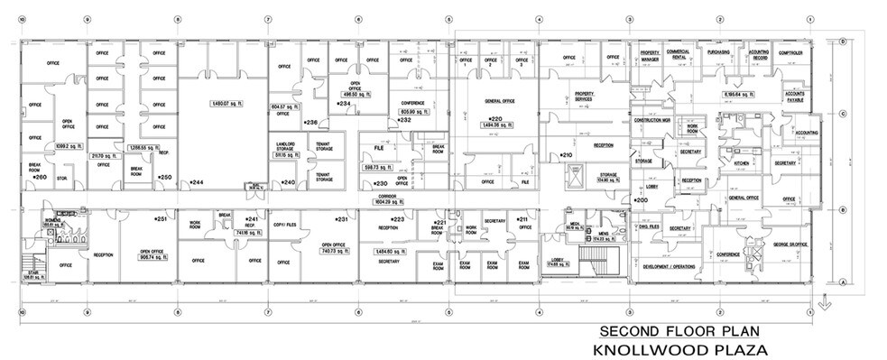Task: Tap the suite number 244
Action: coord(196,183)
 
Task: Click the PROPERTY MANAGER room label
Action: coord(651,56)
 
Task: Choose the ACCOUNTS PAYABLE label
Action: coord(794,97)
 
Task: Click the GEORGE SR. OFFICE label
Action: coord(789,244)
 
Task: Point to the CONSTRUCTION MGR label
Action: coord(651,120)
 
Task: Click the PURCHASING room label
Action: coord(718,53)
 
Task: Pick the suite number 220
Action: coord(494,119)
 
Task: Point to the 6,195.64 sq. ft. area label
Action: coord(744,93)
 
